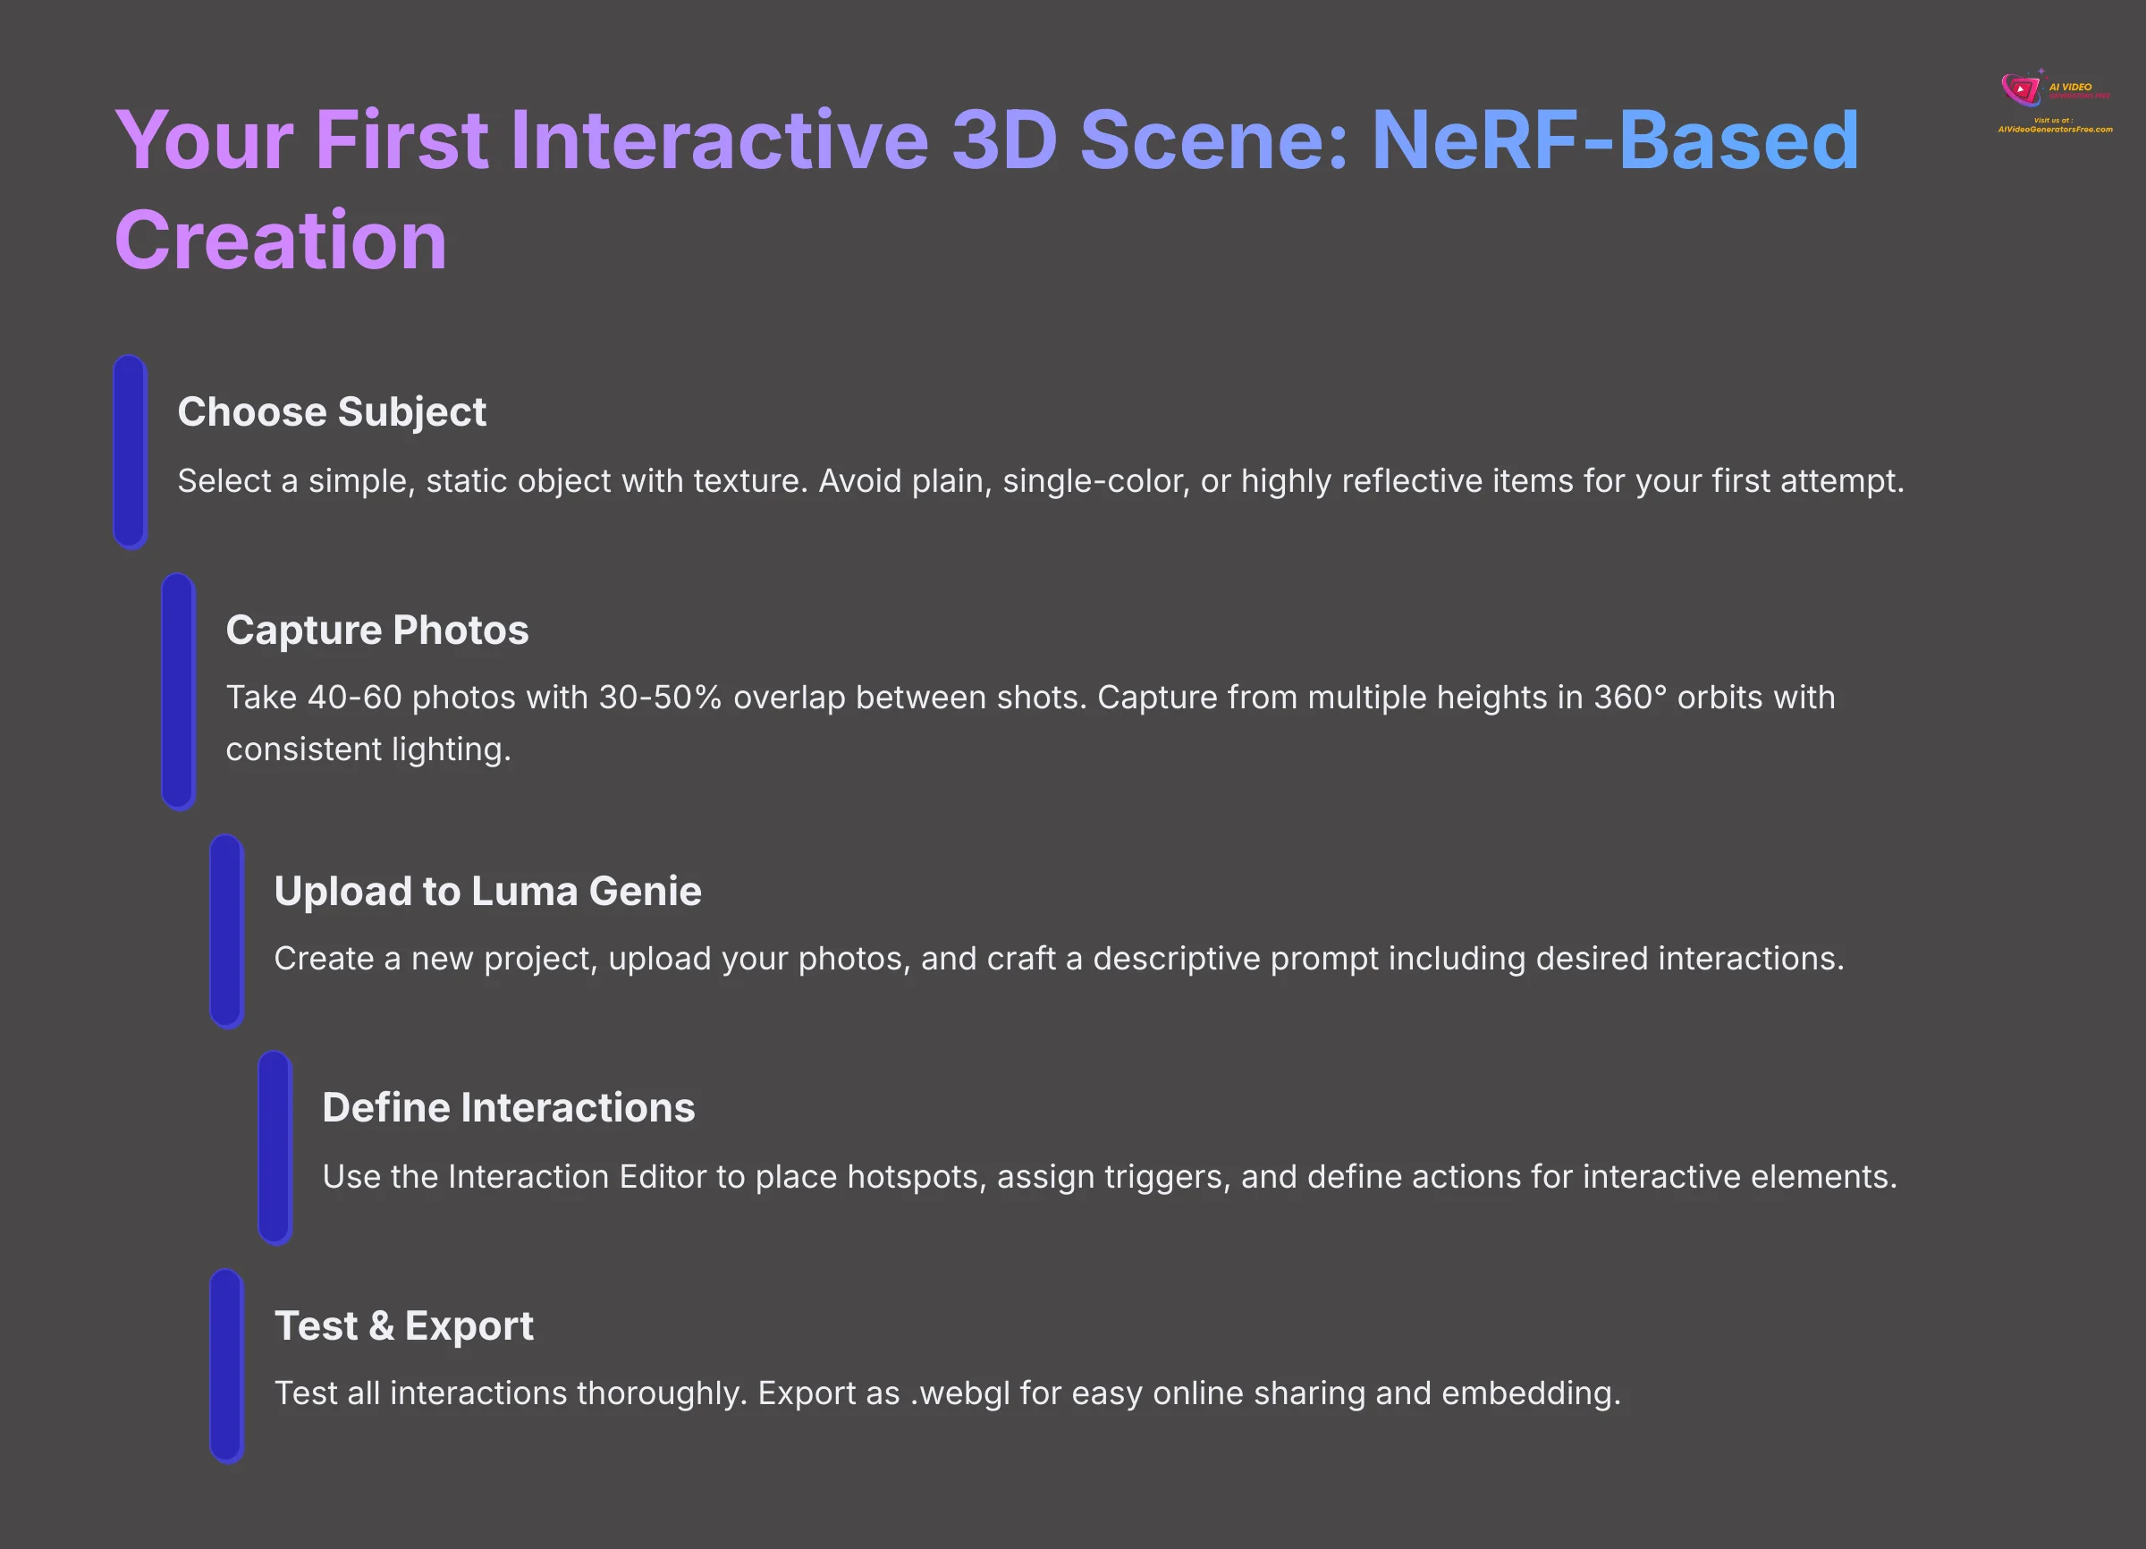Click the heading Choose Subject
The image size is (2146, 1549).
point(331,411)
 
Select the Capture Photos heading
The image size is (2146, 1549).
point(376,631)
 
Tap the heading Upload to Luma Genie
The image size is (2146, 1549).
point(487,892)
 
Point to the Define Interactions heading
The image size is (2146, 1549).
point(508,1108)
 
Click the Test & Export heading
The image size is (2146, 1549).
point(404,1325)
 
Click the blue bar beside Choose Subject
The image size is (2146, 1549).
point(130,452)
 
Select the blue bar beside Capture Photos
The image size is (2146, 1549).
point(178,690)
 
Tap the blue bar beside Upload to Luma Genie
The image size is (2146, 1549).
point(226,931)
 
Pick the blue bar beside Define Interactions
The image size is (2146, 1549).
point(275,1147)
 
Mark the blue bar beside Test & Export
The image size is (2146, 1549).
point(226,1366)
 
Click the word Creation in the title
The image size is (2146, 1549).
point(280,241)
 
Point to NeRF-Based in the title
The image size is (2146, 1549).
point(1614,141)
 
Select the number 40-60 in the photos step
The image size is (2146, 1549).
point(355,698)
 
